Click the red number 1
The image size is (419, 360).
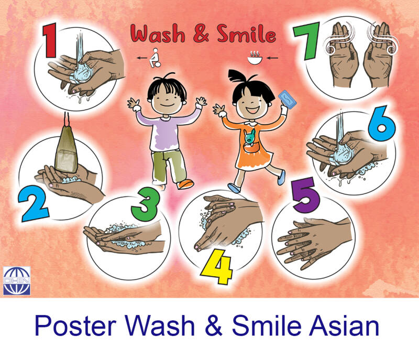[50, 40]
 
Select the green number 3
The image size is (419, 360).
[146, 204]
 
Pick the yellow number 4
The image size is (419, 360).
[217, 267]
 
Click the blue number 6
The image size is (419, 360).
[381, 123]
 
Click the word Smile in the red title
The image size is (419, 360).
[246, 34]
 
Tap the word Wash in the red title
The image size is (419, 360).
[158, 34]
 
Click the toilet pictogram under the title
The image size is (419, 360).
[155, 58]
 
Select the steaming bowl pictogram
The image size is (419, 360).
[253, 58]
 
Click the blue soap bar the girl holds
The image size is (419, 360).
[287, 99]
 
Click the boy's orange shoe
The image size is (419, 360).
[185, 184]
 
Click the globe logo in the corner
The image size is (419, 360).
[17, 281]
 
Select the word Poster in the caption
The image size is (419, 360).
[75, 326]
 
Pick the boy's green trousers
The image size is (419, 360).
[168, 166]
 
